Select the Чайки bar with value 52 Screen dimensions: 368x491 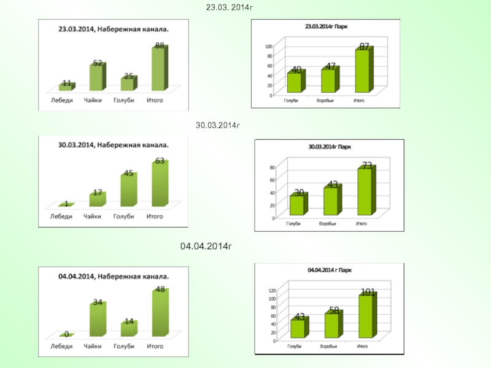click(x=96, y=77)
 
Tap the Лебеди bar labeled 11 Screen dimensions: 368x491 click(x=66, y=87)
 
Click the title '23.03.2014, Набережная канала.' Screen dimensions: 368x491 click(x=114, y=28)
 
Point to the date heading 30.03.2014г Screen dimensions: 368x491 click(x=217, y=126)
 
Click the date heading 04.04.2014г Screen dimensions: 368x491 click(x=206, y=246)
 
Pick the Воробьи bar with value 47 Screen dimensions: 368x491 click(x=328, y=80)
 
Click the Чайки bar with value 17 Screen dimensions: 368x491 click(x=96, y=199)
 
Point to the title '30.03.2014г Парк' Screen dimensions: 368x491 click(x=329, y=147)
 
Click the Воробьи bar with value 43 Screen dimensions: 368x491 click(x=331, y=201)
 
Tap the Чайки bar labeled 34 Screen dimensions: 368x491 click(x=96, y=319)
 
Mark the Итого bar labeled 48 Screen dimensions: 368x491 click(x=159, y=314)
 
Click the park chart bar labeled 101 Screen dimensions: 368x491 click(x=366, y=316)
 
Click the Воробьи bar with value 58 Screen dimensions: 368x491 click(x=331, y=325)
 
